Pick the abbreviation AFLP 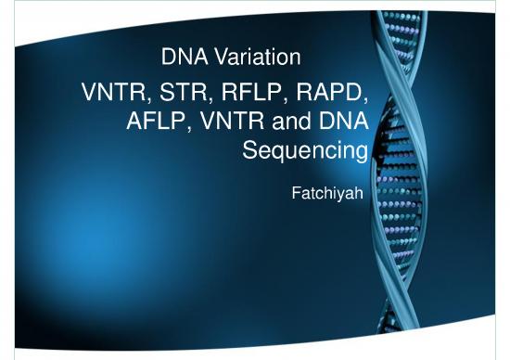[x=154, y=122]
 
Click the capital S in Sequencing [x=248, y=148]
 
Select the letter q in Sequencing [x=277, y=152]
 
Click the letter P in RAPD [x=338, y=94]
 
